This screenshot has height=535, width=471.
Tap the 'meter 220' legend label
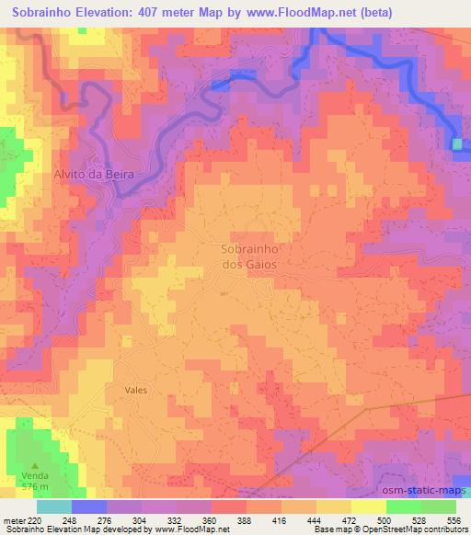pos(24,519)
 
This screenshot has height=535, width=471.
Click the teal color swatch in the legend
pos(53,507)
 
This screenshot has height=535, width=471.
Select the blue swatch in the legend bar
pos(88,507)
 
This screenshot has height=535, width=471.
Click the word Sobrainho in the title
pos(45,13)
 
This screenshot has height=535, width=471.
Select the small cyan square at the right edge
pos(458,143)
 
